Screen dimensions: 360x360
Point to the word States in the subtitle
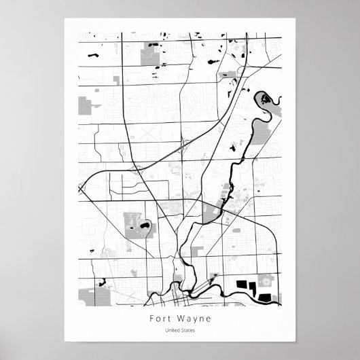pyautogui.click(x=188, y=331)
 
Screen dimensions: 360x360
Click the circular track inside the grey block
pyautogui.click(x=266, y=281)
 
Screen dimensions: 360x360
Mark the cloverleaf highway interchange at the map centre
pyautogui.click(x=183, y=145)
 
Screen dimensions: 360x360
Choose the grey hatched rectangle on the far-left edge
pyautogui.click(x=84, y=104)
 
